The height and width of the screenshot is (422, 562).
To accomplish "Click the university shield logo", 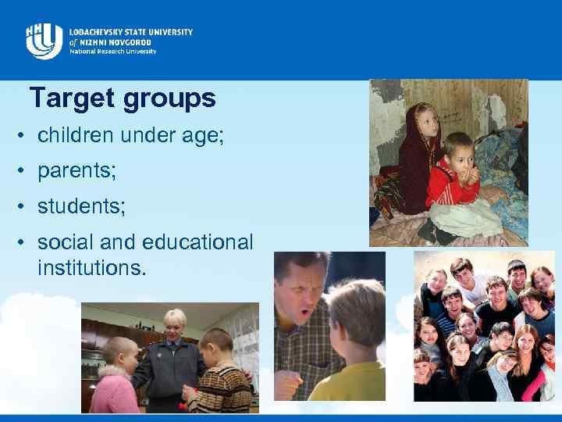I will tap(44, 41).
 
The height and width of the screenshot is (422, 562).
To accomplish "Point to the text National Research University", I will tap(112, 52).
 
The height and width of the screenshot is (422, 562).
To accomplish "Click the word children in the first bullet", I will tap(70, 136).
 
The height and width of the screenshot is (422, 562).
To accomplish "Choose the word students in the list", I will tap(76, 207).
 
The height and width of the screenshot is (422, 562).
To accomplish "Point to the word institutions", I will tap(91, 268).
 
